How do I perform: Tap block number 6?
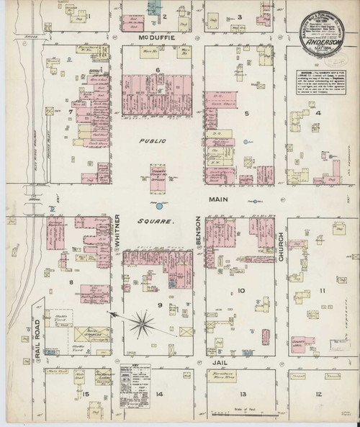point(158,69)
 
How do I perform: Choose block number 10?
point(241,291)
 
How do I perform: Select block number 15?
point(85,394)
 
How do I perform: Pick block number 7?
point(71,112)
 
